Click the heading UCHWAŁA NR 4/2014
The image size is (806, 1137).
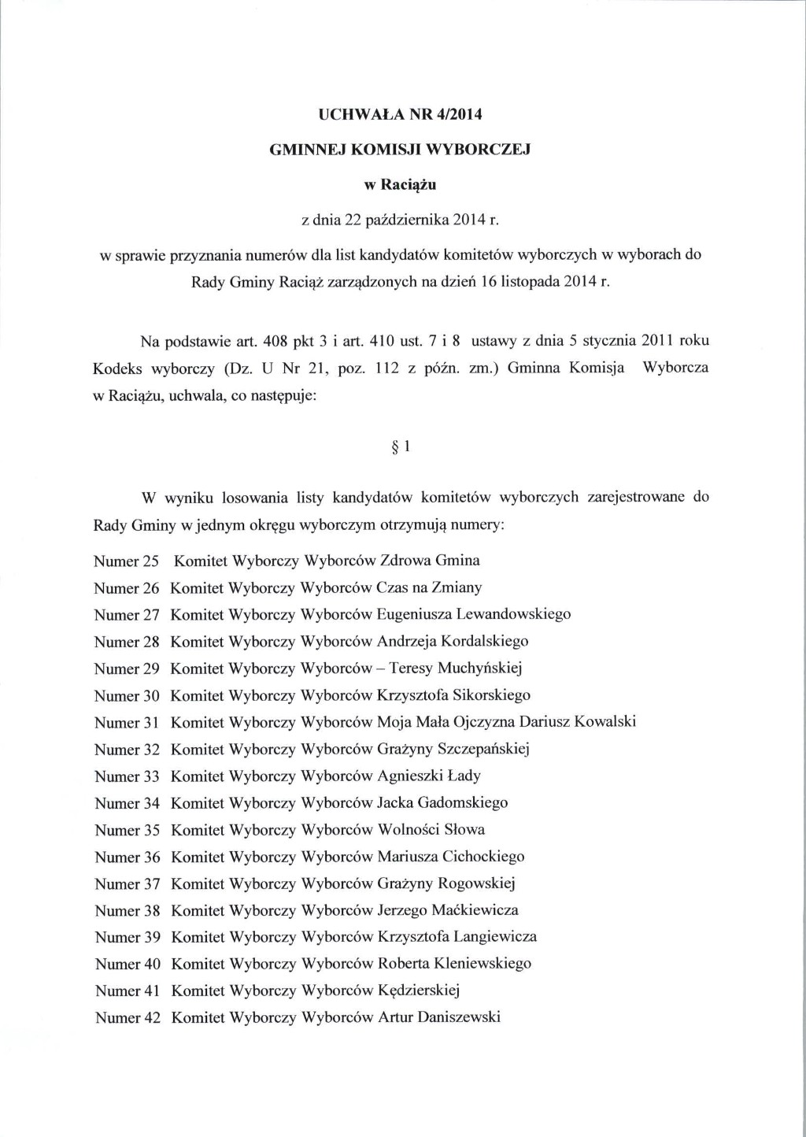coord(399,114)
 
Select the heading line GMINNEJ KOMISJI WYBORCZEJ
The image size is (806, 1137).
coord(401,150)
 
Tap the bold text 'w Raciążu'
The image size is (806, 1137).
coord(399,186)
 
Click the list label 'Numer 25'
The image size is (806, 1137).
coord(127,561)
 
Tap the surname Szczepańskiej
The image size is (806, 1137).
coord(481,749)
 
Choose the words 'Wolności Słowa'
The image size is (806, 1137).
coord(431,829)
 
